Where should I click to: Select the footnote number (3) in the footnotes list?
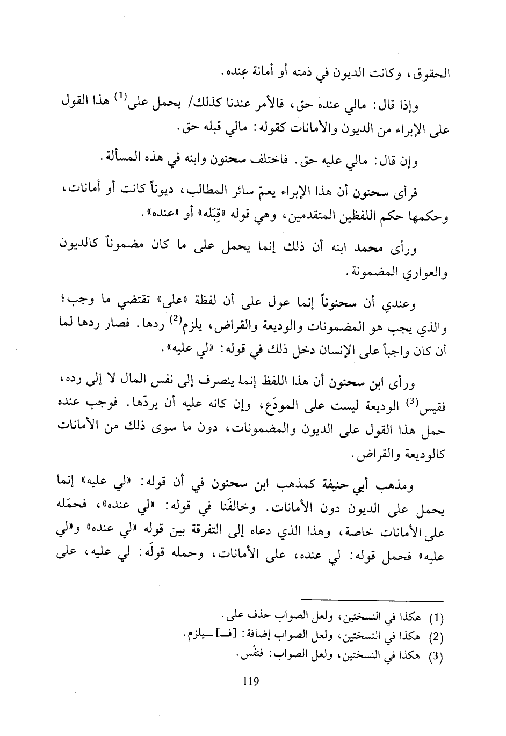coord(437,657)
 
